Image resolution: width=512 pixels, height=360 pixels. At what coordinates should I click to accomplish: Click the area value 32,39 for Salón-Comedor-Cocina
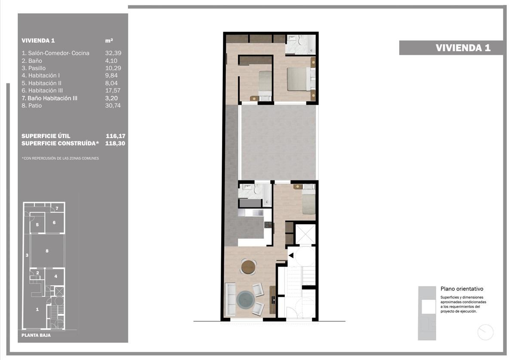pyautogui.click(x=113, y=53)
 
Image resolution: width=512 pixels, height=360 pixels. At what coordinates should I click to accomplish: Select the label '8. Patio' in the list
pyautogui.click(x=32, y=105)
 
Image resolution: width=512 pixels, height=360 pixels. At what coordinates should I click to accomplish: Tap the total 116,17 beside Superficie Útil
pyautogui.click(x=115, y=136)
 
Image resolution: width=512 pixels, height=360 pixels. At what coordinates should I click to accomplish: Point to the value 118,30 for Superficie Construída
pyautogui.click(x=115, y=143)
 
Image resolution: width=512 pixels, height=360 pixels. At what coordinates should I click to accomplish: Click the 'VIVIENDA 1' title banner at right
pyautogui.click(x=450, y=48)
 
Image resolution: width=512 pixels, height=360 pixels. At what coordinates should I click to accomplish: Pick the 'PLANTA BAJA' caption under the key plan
pyautogui.click(x=36, y=335)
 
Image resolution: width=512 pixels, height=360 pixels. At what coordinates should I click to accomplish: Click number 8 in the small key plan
pyautogui.click(x=47, y=251)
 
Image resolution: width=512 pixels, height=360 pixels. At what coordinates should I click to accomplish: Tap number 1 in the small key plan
pyautogui.click(x=37, y=309)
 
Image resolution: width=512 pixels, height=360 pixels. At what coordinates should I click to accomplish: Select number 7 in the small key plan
pyautogui.click(x=57, y=208)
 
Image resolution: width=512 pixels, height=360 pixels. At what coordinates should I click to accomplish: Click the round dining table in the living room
pyautogui.click(x=248, y=267)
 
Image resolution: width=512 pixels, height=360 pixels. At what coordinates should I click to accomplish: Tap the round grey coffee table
pyautogui.click(x=245, y=300)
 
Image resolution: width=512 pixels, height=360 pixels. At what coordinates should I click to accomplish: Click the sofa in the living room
pyautogui.click(x=230, y=299)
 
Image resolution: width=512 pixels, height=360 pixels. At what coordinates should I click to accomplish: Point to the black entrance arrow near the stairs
pyautogui.click(x=291, y=255)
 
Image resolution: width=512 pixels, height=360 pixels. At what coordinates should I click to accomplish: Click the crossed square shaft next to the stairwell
pyautogui.click(x=305, y=234)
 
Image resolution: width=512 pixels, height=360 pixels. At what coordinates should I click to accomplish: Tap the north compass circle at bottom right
pyautogui.click(x=485, y=332)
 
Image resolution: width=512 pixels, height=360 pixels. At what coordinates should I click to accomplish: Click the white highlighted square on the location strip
pyautogui.click(x=429, y=307)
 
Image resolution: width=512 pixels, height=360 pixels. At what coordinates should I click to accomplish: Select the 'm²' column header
pyautogui.click(x=109, y=40)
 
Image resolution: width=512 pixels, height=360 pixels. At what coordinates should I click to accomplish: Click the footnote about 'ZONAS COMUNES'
pyautogui.click(x=60, y=158)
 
